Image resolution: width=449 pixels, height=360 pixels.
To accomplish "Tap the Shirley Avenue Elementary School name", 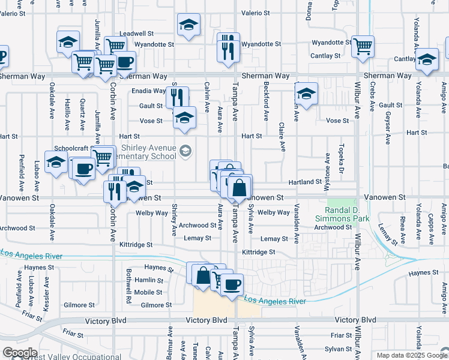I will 148,152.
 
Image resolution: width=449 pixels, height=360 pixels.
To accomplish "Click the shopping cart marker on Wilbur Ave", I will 363,46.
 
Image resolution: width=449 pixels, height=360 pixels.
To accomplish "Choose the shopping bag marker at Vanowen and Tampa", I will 239,188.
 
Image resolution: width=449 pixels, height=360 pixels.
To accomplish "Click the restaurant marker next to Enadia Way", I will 177,98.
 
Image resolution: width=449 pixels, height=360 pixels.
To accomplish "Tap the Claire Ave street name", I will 281,136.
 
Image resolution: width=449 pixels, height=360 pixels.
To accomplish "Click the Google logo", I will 20,353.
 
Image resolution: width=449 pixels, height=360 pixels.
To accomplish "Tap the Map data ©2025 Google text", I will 411,355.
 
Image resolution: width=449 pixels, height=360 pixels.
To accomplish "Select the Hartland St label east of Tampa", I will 304,182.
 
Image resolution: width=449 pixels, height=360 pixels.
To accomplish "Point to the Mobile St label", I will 148,292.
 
